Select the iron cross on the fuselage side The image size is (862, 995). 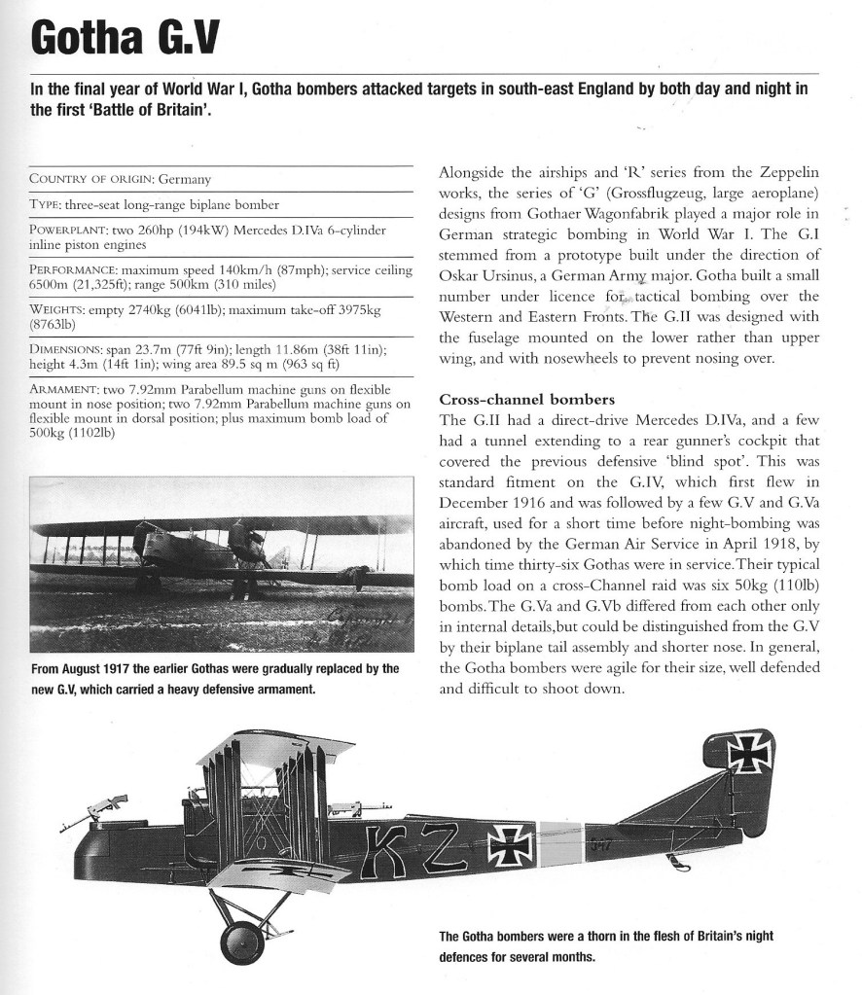pyautogui.click(x=512, y=844)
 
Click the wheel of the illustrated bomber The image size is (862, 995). pyautogui.click(x=242, y=941)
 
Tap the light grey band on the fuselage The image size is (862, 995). pyautogui.click(x=558, y=842)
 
